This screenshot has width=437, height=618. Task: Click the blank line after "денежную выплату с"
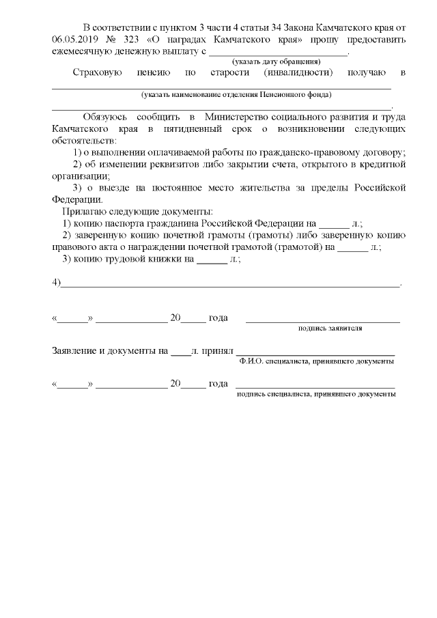[x=278, y=52]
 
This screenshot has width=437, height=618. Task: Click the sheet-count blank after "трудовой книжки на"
[x=211, y=259]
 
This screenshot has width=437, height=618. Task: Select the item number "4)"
[x=57, y=283]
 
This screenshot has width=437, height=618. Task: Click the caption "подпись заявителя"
[x=330, y=328]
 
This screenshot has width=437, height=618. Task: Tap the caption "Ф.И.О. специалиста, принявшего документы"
[x=317, y=361]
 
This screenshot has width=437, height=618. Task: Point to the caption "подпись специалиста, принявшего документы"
[x=315, y=394]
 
